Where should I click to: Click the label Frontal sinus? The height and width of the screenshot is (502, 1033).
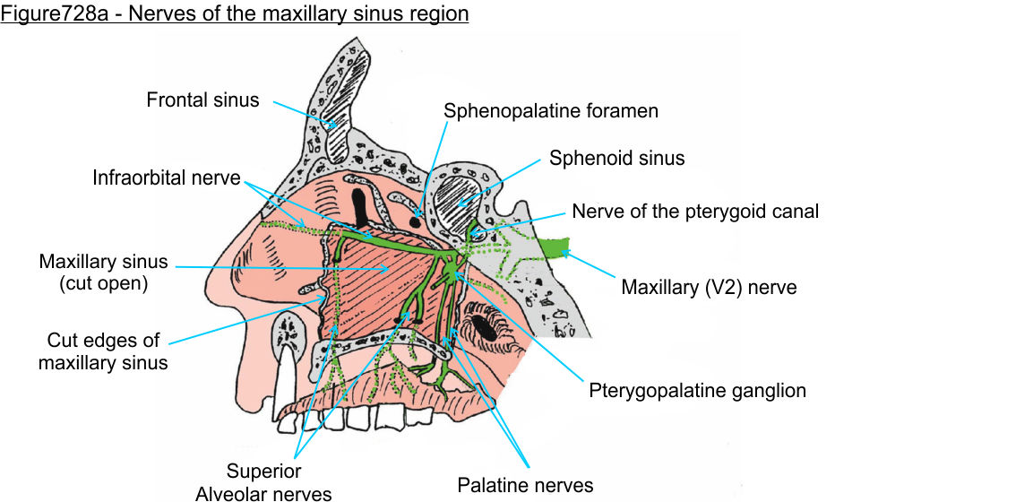click(202, 100)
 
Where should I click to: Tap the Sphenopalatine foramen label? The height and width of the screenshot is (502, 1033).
click(551, 111)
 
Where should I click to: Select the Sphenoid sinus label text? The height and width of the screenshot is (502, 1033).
click(616, 159)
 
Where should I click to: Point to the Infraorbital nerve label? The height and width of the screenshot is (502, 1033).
click(166, 177)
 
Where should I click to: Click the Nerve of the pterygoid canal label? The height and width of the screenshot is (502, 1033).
click(695, 212)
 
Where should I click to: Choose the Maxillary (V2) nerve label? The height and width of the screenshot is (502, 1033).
click(709, 288)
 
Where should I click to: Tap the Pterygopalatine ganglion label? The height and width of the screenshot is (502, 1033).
click(697, 391)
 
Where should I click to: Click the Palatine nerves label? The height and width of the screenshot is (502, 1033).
click(525, 486)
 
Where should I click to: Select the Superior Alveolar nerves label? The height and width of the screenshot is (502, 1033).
click(263, 481)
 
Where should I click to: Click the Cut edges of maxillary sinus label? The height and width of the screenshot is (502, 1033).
click(103, 351)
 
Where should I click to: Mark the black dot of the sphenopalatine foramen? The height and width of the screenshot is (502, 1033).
click(417, 219)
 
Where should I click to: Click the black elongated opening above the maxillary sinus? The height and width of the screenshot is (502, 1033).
click(362, 203)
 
